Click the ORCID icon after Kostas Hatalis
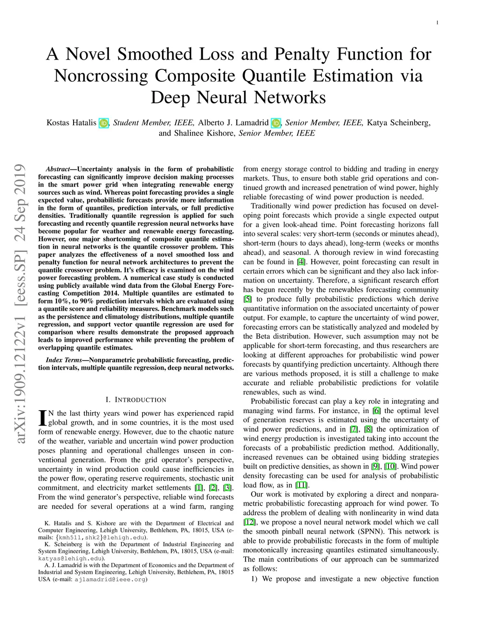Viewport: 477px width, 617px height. coord(103,123)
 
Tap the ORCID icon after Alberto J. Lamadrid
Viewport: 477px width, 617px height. coord(276,123)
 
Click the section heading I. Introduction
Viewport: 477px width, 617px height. coord(136,400)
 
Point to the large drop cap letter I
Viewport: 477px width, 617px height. coord(42,418)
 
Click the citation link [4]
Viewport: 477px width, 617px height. coord(301,262)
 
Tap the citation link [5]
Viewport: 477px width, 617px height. coord(247,299)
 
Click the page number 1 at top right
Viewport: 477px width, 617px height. coord(438,22)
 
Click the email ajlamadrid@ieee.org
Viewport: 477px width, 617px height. coord(110,580)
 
